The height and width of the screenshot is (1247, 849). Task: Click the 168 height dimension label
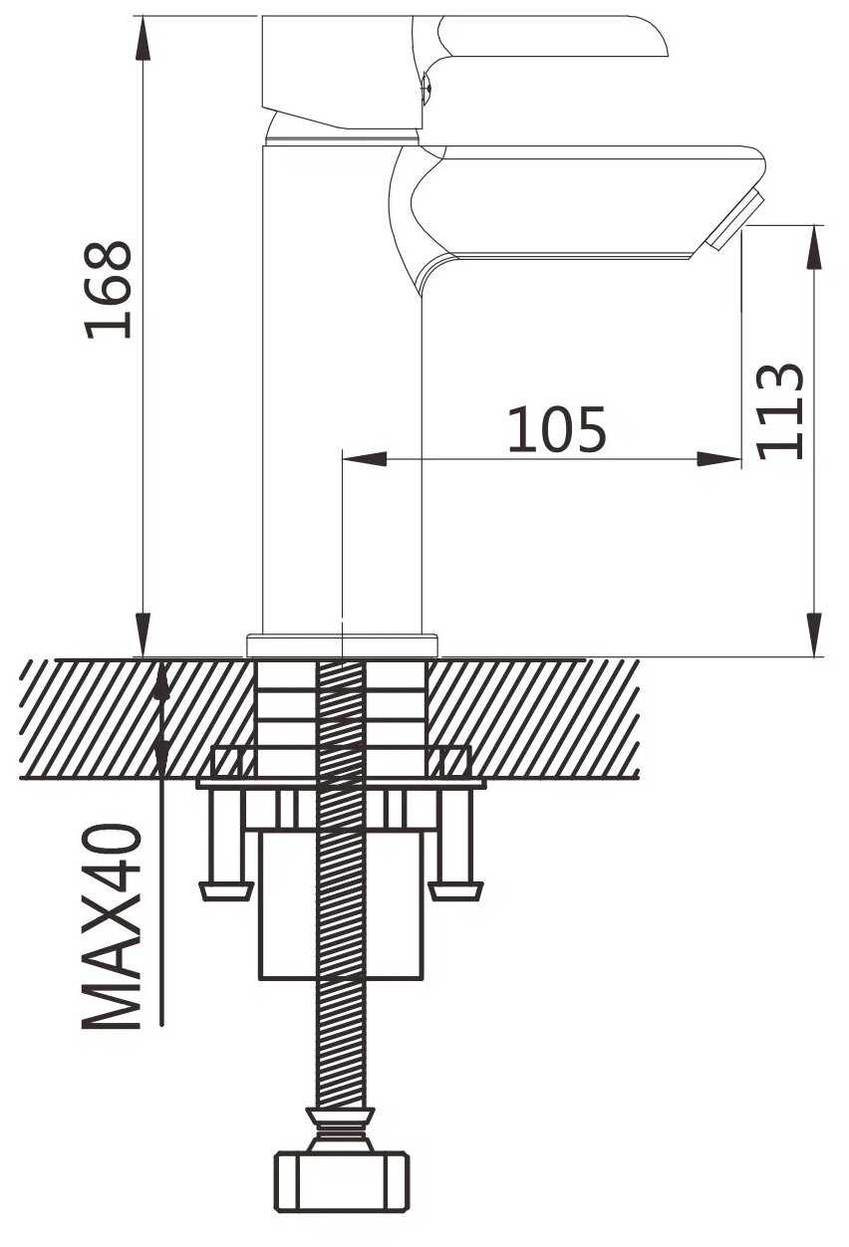(108, 290)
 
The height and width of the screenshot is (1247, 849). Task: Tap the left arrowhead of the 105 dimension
(365, 459)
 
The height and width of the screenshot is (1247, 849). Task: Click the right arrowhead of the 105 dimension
(719, 459)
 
